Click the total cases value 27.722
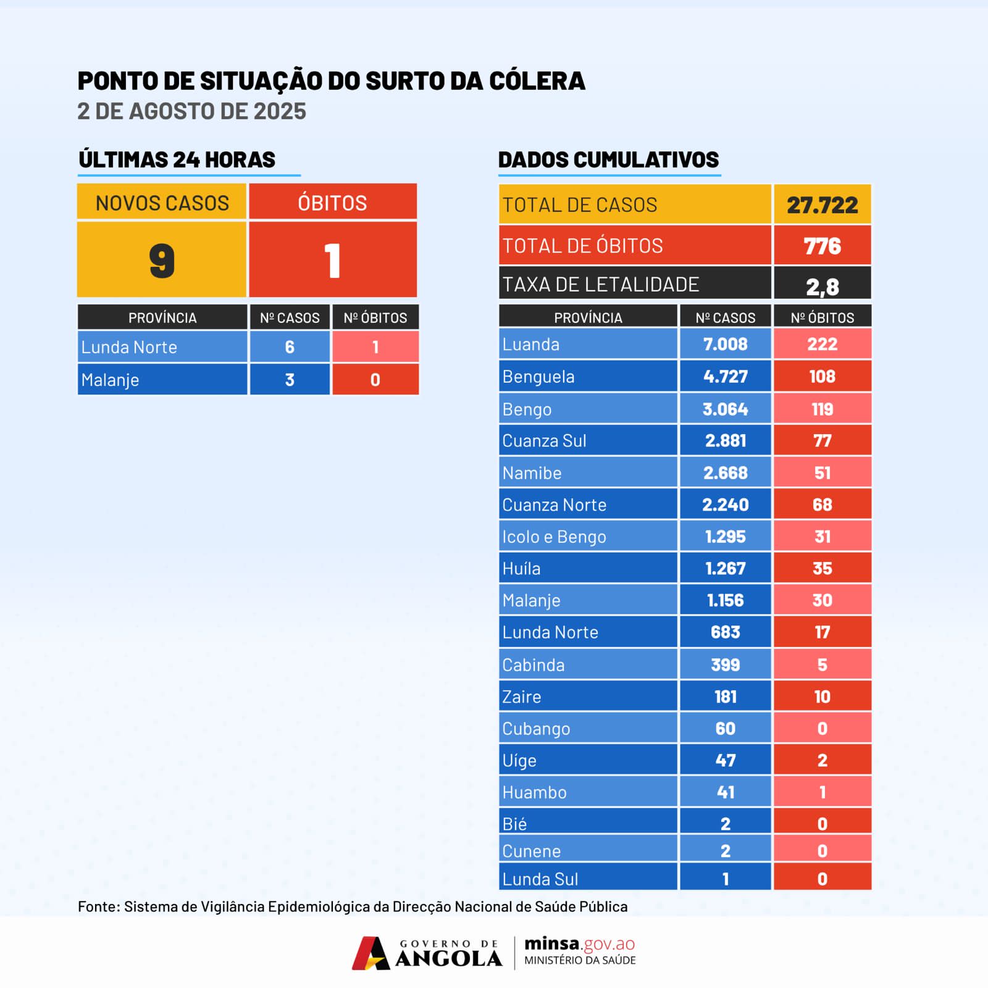[x=822, y=205]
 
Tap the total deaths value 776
[x=822, y=246]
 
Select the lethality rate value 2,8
[x=822, y=287]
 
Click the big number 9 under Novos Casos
[x=162, y=261]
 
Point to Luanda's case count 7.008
[x=725, y=344]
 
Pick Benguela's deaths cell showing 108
[x=822, y=377]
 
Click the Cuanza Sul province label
[x=544, y=441]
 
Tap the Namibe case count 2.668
[x=725, y=473]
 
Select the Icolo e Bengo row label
[x=554, y=537]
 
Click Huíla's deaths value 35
[x=822, y=569]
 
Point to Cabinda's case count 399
[x=725, y=665]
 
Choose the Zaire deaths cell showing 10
[x=822, y=697]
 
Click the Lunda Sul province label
[x=540, y=879]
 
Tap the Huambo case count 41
[x=725, y=792]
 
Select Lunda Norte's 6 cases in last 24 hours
[x=290, y=347]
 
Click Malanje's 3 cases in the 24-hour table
[x=290, y=380]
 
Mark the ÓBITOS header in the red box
[x=332, y=203]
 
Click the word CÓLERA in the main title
[x=537, y=81]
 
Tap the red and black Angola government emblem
[x=371, y=953]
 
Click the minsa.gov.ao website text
[x=579, y=944]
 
